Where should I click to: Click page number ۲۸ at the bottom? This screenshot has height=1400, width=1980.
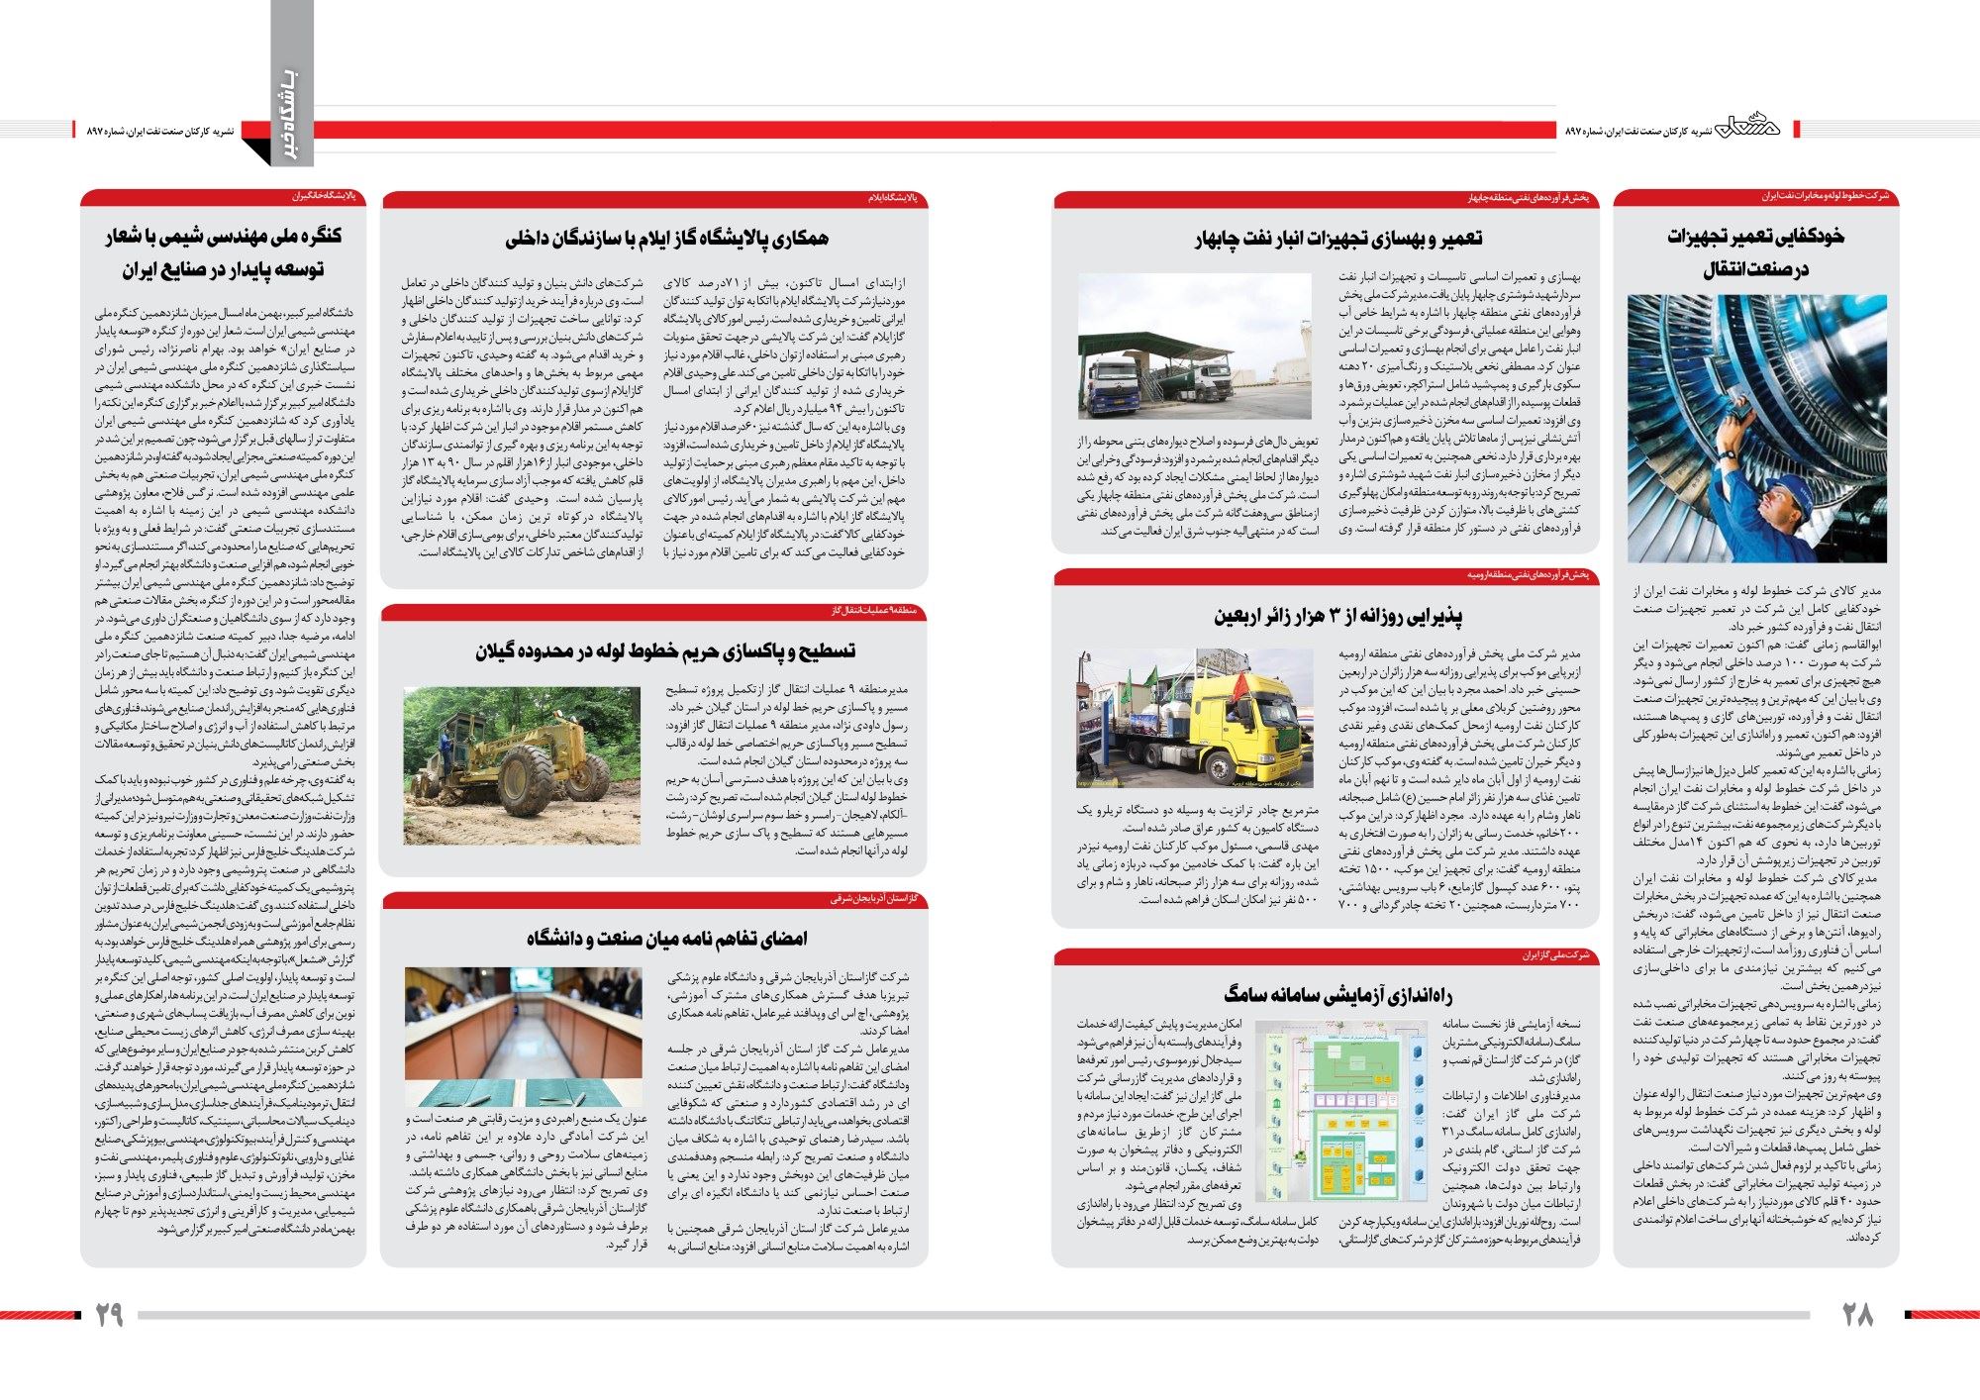pyautogui.click(x=1857, y=1314)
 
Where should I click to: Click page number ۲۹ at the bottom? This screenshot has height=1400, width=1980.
pyautogui.click(x=109, y=1314)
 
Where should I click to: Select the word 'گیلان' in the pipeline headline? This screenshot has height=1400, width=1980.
pyautogui.click(x=501, y=650)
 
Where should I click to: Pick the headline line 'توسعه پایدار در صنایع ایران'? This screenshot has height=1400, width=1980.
pyautogui.click(x=223, y=269)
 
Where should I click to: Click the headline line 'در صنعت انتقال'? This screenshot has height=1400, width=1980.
pyautogui.click(x=1755, y=269)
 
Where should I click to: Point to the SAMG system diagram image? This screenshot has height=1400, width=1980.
pyautogui.click(x=1341, y=1108)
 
